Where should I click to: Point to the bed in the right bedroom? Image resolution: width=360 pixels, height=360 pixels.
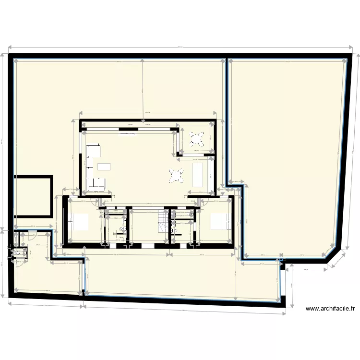tap(218, 221)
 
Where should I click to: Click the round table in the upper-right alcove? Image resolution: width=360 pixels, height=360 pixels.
tap(196, 139)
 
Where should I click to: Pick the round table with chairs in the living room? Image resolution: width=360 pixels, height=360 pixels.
tap(177, 175)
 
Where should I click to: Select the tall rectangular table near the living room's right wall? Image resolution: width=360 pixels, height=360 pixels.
tap(197, 174)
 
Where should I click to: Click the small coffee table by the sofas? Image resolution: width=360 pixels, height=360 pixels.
tap(104, 166)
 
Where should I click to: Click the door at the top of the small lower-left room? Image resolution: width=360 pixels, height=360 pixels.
tap(32, 233)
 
